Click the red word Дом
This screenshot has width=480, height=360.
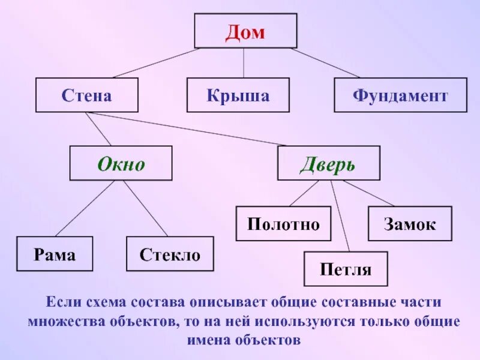[245, 32]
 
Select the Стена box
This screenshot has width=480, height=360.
[86, 95]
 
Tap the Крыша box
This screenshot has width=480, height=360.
[238, 95]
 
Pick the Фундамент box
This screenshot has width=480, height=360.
[400, 95]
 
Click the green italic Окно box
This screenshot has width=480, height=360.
[121, 164]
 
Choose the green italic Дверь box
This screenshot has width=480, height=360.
[328, 164]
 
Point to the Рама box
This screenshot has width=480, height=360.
[55, 254]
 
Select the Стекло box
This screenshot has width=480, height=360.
[170, 254]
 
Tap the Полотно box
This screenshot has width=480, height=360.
[283, 224]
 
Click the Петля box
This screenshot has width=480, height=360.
[346, 269]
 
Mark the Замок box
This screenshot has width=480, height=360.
[410, 224]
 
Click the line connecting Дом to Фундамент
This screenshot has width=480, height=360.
[324, 63]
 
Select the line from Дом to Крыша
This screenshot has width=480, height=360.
[243, 63]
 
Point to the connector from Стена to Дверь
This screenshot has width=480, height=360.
[192, 129]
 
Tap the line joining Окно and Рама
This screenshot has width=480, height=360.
[84, 208]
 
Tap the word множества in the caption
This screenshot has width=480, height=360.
[67, 321]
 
